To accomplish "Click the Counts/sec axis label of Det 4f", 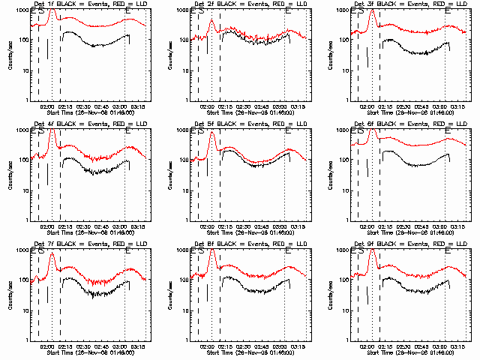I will pyautogui.click(x=10, y=175).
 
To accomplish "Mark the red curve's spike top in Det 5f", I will pyautogui.click(x=211, y=133).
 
